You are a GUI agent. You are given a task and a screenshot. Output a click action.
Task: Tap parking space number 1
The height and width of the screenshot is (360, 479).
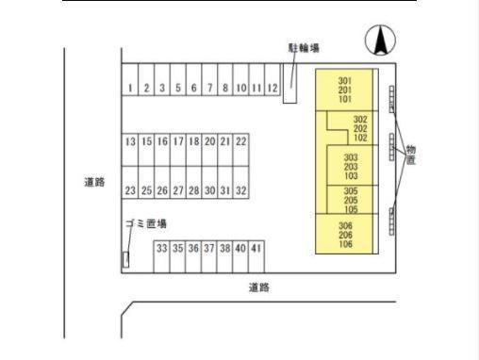pyautogui.click(x=130, y=89)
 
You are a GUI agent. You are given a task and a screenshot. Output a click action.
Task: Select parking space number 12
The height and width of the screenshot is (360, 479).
pyautogui.click(x=273, y=89)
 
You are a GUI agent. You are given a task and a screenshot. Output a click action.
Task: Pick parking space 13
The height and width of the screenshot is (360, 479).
pyautogui.click(x=130, y=141)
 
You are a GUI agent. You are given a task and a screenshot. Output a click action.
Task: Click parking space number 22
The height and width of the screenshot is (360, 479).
pyautogui.click(x=241, y=141)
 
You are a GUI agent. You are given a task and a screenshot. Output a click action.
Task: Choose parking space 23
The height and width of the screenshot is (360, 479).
pyautogui.click(x=130, y=190)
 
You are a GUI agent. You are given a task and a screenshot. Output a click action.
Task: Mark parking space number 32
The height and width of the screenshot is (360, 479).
pyautogui.click(x=241, y=190)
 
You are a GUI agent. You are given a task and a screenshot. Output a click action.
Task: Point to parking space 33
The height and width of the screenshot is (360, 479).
pyautogui.click(x=161, y=249)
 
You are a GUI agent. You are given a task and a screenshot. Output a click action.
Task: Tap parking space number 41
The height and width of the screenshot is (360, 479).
pyautogui.click(x=256, y=249)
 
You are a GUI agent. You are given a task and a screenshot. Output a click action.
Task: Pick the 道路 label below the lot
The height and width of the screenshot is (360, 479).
pyautogui.click(x=259, y=287)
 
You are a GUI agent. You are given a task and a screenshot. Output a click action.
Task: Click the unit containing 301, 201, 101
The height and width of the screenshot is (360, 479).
pyautogui.click(x=344, y=90)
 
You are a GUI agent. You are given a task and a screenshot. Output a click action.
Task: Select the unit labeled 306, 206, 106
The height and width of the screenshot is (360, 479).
pyautogui.click(x=345, y=236)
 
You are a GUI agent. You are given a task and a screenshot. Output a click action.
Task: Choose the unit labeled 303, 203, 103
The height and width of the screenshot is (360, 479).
pyautogui.click(x=351, y=167)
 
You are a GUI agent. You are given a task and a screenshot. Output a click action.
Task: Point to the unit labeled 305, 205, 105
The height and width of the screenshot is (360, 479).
pyautogui.click(x=351, y=200)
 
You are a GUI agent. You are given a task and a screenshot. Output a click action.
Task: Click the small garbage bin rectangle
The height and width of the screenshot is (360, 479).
pyautogui.click(x=125, y=257)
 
